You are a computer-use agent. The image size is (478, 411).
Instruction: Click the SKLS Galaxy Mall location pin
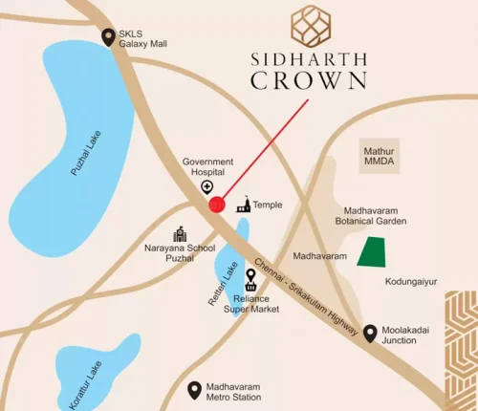(x=108, y=37)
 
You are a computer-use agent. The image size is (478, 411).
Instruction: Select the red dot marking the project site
(x=217, y=203)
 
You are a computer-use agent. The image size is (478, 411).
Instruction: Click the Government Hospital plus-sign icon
(x=206, y=187)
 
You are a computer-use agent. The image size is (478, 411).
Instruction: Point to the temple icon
(x=243, y=205)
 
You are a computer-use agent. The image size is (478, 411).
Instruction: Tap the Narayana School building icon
(x=179, y=235)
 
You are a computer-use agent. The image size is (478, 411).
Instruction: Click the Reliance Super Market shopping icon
(x=251, y=279)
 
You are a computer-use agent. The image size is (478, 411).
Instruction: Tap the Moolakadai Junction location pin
(x=371, y=334)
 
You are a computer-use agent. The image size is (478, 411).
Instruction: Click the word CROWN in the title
(x=308, y=79)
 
